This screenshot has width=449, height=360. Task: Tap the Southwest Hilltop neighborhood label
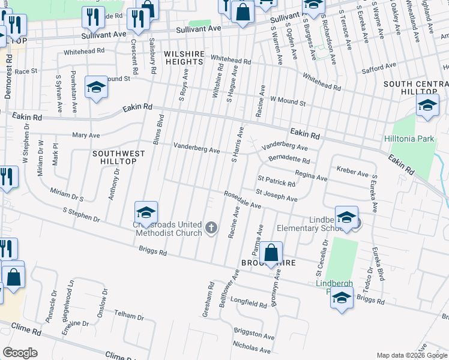pos(119,158)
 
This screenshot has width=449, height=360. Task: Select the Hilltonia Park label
pos(409,139)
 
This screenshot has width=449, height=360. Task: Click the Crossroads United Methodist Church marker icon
pos(211,227)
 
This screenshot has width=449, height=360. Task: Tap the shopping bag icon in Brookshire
pos(271,254)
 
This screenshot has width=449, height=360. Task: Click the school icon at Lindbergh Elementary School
pos(346,218)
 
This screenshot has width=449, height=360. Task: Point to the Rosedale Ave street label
pos(243,200)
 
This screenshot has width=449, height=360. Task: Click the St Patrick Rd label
pos(276,181)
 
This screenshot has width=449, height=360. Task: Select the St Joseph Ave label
pos(277,195)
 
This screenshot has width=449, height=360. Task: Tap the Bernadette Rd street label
pos(289,159)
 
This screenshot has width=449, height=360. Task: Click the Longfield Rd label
pos(248,304)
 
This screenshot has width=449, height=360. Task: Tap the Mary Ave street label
pos(86,135)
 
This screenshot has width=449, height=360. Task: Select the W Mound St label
pos(288,101)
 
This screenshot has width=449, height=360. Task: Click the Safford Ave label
pos(379,67)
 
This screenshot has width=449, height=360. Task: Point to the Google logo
pos(20,353)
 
